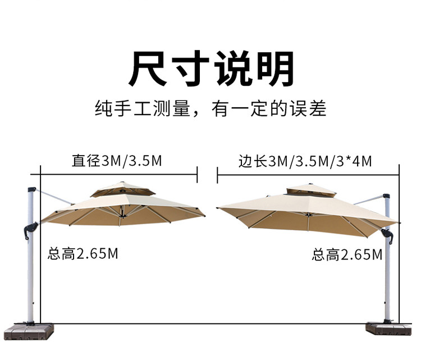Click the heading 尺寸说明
point(211,69)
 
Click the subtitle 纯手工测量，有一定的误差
point(210,108)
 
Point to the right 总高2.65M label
point(347,255)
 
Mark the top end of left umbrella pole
point(31,190)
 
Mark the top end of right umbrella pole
point(386,197)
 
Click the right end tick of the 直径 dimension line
point(197,174)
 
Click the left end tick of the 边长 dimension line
point(218,174)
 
